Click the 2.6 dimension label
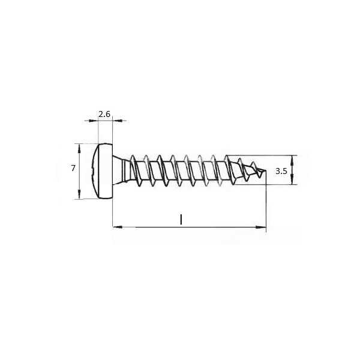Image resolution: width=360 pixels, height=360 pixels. [x=104, y=114]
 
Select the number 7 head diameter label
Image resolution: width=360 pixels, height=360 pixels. [x=73, y=168]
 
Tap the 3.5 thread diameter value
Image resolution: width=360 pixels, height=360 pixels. [x=281, y=171]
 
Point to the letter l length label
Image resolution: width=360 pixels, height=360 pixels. [x=181, y=219]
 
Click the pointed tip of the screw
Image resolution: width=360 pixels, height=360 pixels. [x=265, y=170]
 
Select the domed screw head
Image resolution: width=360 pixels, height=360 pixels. [x=103, y=171]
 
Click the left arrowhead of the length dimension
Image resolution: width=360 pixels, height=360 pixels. [x=118, y=227]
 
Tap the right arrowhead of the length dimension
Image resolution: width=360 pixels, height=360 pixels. [x=261, y=227]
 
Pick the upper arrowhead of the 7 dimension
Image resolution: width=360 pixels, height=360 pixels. [x=79, y=148]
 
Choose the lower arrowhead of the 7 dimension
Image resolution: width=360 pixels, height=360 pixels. [x=79, y=194]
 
